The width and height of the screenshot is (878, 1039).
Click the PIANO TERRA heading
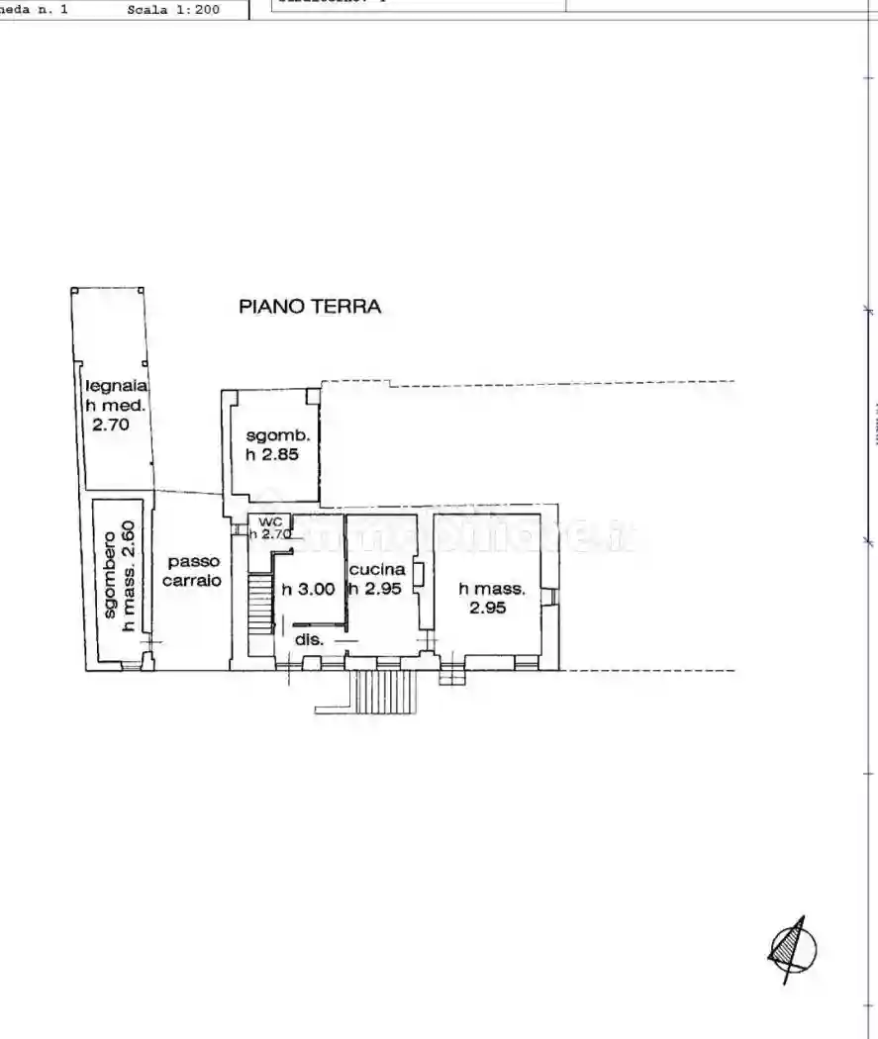[x=310, y=307]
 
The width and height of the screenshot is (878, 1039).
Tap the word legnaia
[x=115, y=387]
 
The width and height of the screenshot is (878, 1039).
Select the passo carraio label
[x=192, y=571]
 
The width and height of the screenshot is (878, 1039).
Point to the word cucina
[x=376, y=570]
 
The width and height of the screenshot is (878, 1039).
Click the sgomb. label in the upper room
[x=277, y=436]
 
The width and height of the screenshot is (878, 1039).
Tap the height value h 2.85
[x=272, y=454]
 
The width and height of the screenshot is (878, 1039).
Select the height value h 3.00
[x=309, y=589]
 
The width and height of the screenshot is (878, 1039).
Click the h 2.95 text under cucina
[x=374, y=589]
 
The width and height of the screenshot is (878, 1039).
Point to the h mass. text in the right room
[x=492, y=589]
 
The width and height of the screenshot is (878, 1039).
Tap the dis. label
[x=309, y=640]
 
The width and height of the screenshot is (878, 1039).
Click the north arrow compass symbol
[x=792, y=948]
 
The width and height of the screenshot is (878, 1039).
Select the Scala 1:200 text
[x=173, y=10]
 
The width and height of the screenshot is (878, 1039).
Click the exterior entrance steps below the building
[x=385, y=691]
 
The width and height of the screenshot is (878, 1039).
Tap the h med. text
[x=115, y=406]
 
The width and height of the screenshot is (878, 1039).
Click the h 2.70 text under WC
[x=268, y=534]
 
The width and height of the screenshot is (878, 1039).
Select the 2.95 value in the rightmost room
[x=488, y=608]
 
